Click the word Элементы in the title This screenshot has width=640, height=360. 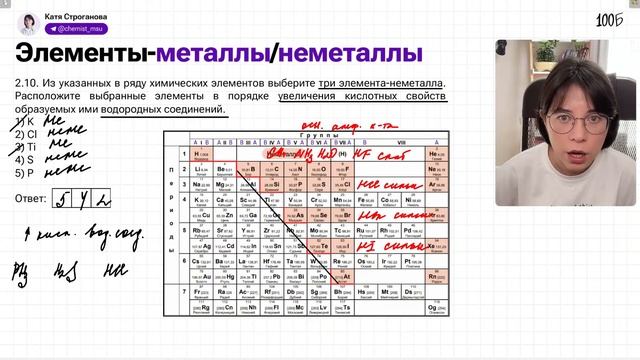[x=81, y=52]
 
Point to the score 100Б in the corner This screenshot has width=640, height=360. [x=609, y=20]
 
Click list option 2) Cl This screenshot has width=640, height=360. [x=27, y=133]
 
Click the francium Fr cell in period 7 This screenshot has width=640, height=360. [x=198, y=291]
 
